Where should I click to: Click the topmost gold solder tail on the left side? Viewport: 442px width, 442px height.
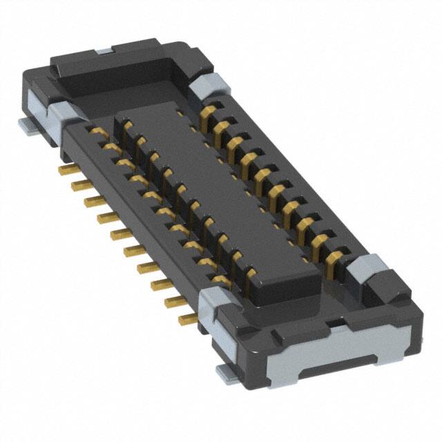66,169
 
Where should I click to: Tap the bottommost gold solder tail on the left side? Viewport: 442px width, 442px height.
187,319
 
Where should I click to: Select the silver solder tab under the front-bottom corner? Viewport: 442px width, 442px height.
226,374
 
